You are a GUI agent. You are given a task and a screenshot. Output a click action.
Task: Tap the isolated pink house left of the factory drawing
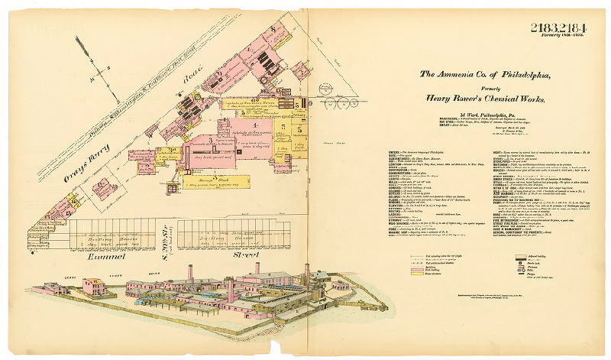[93, 287]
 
